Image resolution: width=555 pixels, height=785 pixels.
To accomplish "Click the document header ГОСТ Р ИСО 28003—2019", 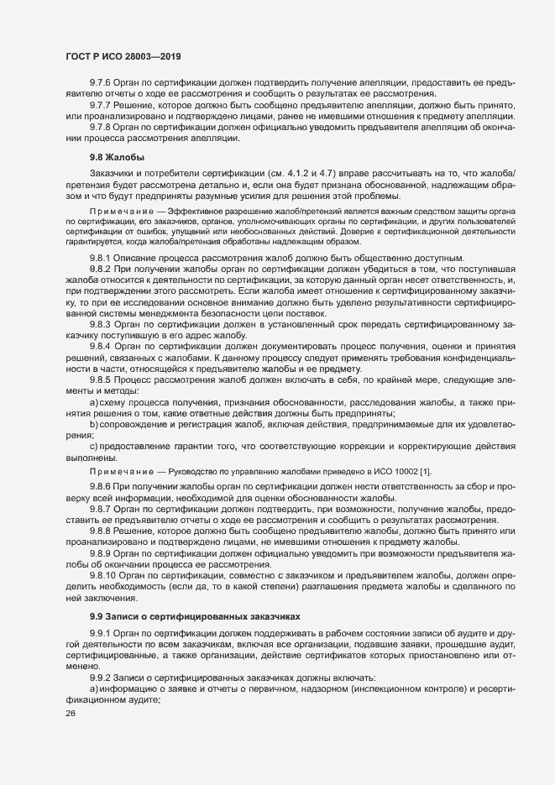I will (x=123, y=56).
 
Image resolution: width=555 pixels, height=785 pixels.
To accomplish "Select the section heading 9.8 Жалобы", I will (x=116, y=158).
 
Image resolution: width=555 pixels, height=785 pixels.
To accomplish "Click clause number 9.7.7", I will (x=102, y=105).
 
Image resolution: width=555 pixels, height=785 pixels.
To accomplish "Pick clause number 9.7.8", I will (x=102, y=126).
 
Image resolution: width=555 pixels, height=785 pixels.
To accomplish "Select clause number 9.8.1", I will (x=102, y=257).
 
